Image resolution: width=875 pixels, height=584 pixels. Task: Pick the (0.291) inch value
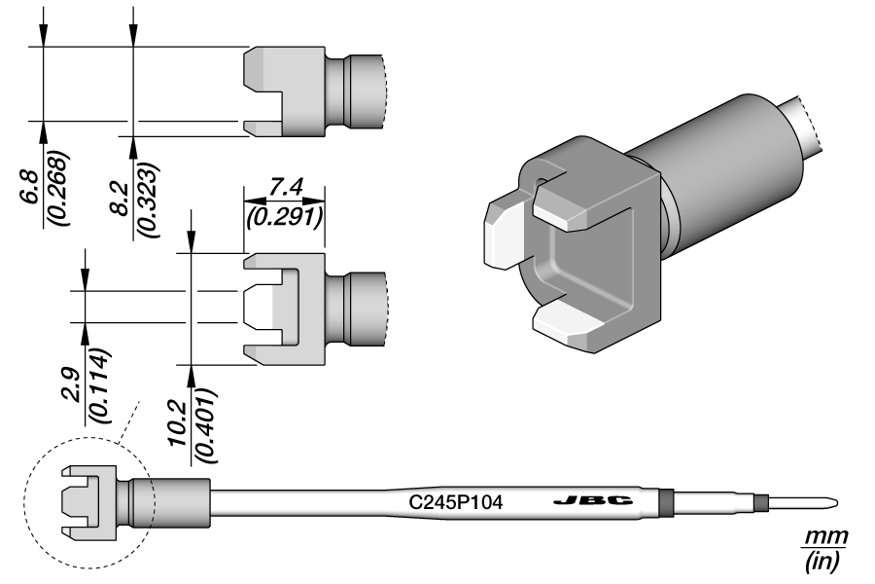click(x=283, y=217)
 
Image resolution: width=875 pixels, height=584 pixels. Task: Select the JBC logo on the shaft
click(x=592, y=501)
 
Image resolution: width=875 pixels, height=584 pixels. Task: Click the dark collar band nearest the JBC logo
click(x=665, y=502)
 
